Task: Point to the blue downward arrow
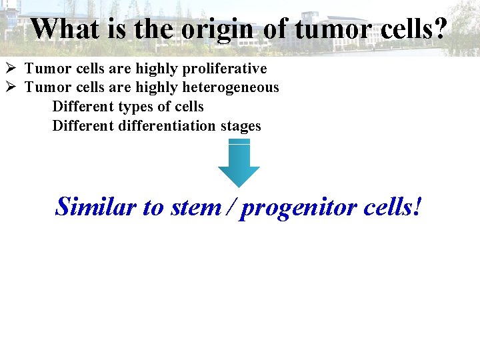(x=239, y=165)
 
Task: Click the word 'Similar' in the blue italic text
(x=96, y=207)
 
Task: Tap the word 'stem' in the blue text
(x=195, y=207)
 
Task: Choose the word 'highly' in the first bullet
(x=153, y=69)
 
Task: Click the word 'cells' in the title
(x=403, y=29)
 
